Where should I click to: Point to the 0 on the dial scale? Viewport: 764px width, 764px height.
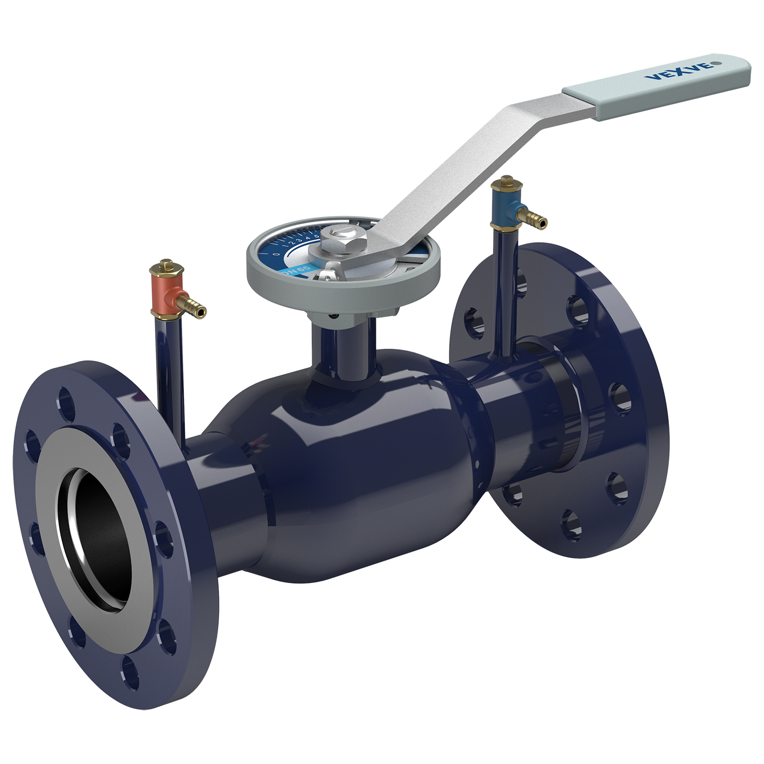pos(276,254)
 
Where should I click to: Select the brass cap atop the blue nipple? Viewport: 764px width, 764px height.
pos(506,182)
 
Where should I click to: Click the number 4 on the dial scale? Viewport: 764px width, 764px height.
pos(308,238)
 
